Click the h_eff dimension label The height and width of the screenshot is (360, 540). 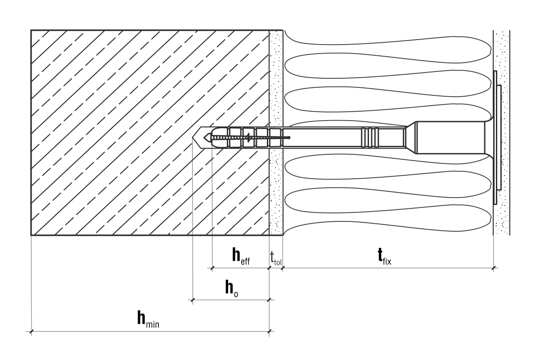pyautogui.click(x=240, y=256)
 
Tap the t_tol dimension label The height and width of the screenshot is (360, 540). pyautogui.click(x=275, y=258)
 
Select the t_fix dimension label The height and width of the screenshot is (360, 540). pyautogui.click(x=383, y=256)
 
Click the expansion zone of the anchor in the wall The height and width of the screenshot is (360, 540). pyautogui.click(x=243, y=137)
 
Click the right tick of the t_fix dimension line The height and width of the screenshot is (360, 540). pyautogui.click(x=494, y=268)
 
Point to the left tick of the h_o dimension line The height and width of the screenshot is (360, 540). pyautogui.click(x=193, y=300)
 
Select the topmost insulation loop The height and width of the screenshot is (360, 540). pyautogui.click(x=387, y=38)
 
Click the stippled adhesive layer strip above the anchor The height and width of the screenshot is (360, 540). pyautogui.click(x=275, y=76)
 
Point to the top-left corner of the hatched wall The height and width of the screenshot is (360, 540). pyautogui.click(x=31, y=30)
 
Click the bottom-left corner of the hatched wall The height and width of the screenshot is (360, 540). pyautogui.click(x=31, y=235)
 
